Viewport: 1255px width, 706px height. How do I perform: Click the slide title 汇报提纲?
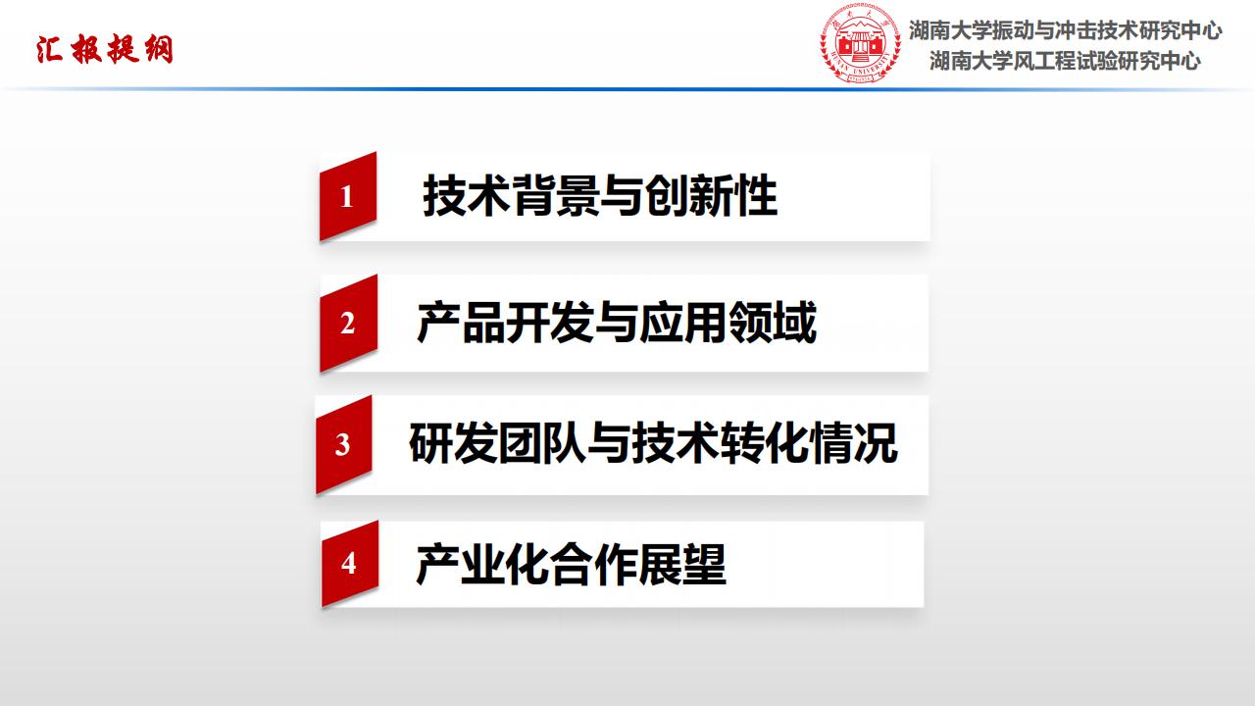point(105,49)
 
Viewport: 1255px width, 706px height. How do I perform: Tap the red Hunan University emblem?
point(861,44)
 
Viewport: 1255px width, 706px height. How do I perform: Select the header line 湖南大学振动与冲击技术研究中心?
point(1065,30)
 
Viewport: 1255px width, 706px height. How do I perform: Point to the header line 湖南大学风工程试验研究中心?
point(1065,61)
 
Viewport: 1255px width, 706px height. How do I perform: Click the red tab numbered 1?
point(348,196)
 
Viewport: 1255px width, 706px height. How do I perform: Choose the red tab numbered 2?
point(348,324)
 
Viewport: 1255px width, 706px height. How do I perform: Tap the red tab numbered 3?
point(344,444)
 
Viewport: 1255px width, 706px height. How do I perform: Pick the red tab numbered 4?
point(350,563)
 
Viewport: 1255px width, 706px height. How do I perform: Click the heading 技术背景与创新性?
point(600,195)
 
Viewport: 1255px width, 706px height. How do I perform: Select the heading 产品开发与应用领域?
point(617,323)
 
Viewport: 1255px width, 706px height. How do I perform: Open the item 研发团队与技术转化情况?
point(653,443)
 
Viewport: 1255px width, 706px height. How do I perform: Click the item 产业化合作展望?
point(571,564)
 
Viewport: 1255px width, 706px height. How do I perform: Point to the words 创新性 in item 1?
point(712,195)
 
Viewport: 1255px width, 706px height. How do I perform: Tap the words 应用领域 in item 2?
point(728,323)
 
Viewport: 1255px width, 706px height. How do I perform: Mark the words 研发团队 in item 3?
point(497,443)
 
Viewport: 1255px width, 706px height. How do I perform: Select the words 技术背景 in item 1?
point(511,195)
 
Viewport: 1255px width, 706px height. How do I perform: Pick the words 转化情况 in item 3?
point(809,443)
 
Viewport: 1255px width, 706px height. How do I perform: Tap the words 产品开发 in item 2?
point(505,323)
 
